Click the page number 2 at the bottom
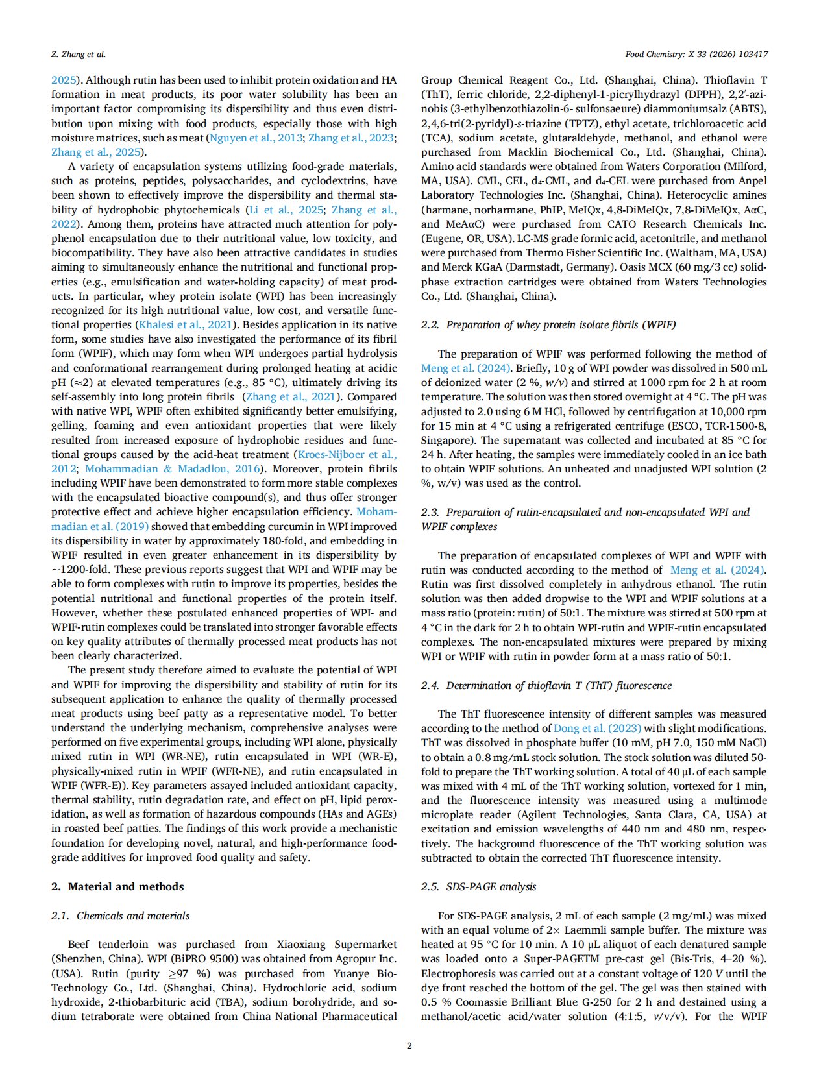409,1045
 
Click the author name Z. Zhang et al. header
78,55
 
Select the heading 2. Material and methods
117,886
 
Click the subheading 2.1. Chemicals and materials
120,916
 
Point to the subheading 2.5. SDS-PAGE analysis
478,886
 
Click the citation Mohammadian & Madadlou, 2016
173,468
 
